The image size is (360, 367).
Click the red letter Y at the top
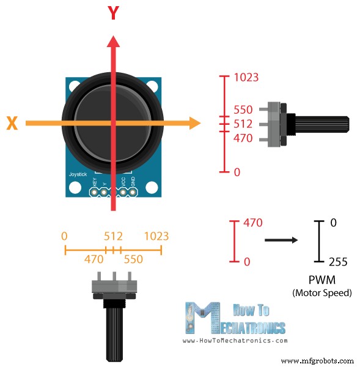point(113,13)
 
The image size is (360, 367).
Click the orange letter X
point(12,124)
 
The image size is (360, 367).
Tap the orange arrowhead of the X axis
point(194,123)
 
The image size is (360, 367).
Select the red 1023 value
point(246,78)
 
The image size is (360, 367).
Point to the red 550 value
point(243,110)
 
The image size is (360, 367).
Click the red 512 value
point(243,124)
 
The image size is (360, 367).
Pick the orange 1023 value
point(156,236)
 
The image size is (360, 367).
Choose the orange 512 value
point(113,236)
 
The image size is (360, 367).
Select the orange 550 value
point(133,259)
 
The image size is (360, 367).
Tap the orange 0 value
point(65,236)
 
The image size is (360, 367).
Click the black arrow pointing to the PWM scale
point(281,240)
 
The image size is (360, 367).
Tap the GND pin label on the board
point(133,182)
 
